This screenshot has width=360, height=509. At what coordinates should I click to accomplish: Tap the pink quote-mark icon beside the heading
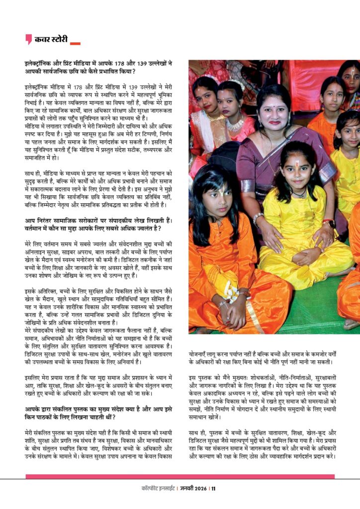pyautogui.click(x=29, y=39)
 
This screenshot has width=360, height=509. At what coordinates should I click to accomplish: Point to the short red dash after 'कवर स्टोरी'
pyautogui.click(x=75, y=44)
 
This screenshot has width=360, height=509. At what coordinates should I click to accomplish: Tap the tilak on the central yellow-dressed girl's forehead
pyautogui.click(x=296, y=163)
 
